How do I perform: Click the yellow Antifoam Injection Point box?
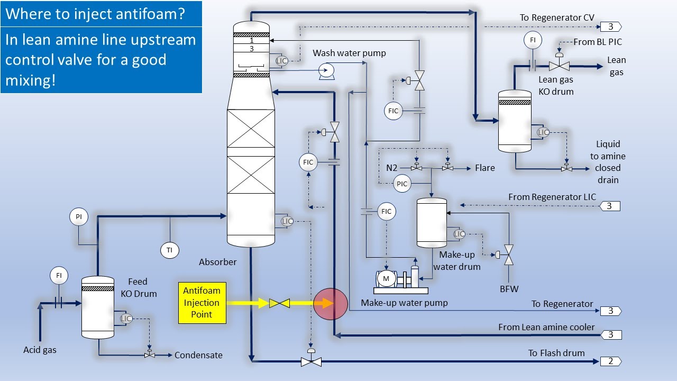click(x=202, y=303)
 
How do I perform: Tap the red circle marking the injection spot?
click(x=330, y=304)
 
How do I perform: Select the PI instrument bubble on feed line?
click(x=78, y=216)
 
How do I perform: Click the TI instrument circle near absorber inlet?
click(x=170, y=250)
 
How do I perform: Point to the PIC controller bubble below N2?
click(x=402, y=184)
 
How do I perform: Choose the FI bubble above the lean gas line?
click(x=532, y=40)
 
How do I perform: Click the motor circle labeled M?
click(x=386, y=278)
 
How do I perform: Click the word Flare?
click(x=484, y=168)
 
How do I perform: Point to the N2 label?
click(x=391, y=168)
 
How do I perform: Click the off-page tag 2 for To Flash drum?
click(x=610, y=361)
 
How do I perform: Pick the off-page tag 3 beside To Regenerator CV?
click(x=610, y=26)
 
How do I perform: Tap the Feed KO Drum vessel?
click(x=98, y=307)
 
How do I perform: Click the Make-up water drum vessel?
click(x=432, y=223)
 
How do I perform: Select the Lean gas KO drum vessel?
click(x=515, y=122)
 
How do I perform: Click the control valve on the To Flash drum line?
click(x=311, y=361)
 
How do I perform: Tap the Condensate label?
click(x=198, y=355)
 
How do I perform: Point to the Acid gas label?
click(x=40, y=350)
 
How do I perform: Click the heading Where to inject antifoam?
click(x=95, y=13)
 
